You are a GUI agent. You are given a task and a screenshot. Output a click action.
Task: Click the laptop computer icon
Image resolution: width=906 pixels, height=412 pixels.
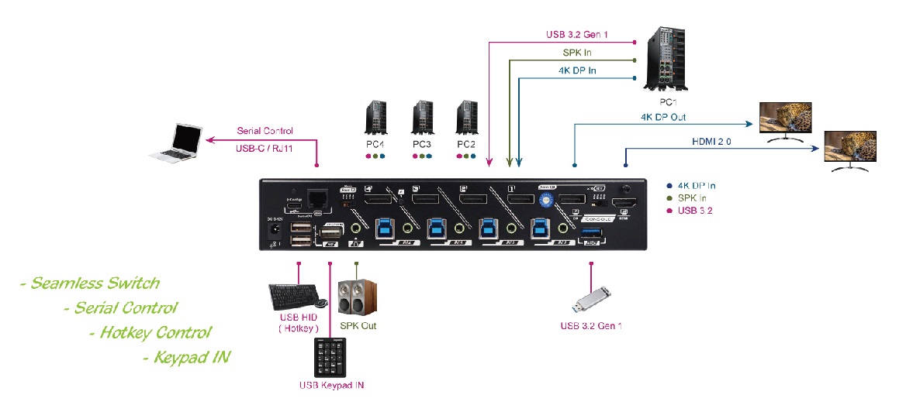pyautogui.click(x=179, y=145)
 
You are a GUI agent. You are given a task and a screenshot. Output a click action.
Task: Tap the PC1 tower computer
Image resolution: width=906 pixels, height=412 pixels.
pyautogui.click(x=662, y=60)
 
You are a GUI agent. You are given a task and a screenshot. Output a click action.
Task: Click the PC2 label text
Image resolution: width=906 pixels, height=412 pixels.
pyautogui.click(x=466, y=144)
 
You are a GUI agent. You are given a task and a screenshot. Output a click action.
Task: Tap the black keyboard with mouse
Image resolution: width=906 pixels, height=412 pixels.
pyautogui.click(x=297, y=296)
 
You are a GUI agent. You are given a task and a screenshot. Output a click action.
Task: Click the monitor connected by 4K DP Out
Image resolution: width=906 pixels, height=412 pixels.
pyautogui.click(x=784, y=121)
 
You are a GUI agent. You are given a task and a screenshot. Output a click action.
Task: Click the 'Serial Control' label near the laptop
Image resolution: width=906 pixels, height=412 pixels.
pyautogui.click(x=265, y=131)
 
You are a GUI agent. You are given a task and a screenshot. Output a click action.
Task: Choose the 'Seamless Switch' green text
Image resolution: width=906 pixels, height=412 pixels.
pyautogui.click(x=90, y=283)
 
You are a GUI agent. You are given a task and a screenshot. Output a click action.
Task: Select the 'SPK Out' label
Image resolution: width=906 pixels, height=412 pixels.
pyautogui.click(x=358, y=326)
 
